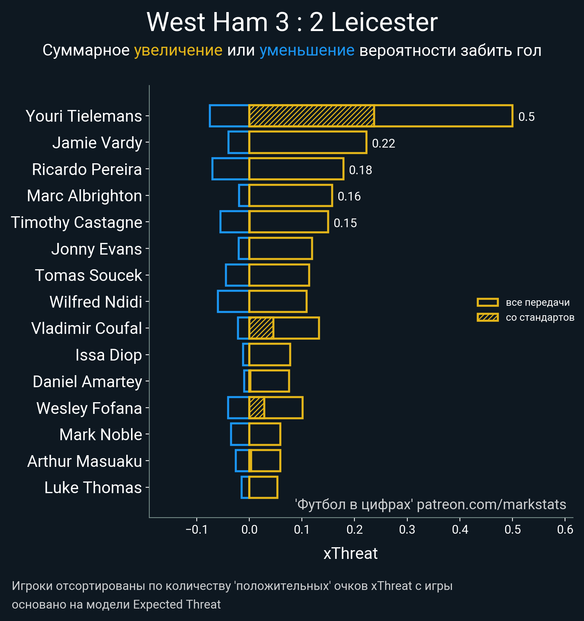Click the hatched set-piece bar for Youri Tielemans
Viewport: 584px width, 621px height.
[x=311, y=116]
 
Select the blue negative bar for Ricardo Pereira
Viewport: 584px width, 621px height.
[x=230, y=169]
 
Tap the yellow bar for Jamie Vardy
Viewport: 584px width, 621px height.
[x=308, y=142]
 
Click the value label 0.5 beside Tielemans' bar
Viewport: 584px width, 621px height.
[x=526, y=117]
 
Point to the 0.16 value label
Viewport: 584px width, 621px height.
[x=349, y=197]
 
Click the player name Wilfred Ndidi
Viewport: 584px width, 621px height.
[x=96, y=302]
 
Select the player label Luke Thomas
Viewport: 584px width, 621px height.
[x=93, y=488]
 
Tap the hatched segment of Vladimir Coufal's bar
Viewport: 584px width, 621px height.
[x=261, y=328]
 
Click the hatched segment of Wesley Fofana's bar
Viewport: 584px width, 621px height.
[x=257, y=408]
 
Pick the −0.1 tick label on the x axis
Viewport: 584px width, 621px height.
[x=197, y=530]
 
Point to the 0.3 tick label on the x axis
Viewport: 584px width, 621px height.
[x=407, y=530]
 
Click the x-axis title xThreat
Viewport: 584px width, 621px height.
[x=350, y=553]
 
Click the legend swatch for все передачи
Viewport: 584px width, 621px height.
[x=487, y=302]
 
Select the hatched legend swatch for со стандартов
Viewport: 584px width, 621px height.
[x=487, y=317]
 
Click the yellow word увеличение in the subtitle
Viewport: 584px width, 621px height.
[x=178, y=50]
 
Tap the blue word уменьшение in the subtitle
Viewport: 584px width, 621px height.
[x=307, y=50]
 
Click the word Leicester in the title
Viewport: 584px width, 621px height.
[x=384, y=23]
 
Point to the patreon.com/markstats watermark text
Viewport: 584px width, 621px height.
[x=491, y=504]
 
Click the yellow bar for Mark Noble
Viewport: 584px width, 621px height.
[x=265, y=434]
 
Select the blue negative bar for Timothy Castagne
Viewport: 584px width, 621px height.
[x=235, y=222]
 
